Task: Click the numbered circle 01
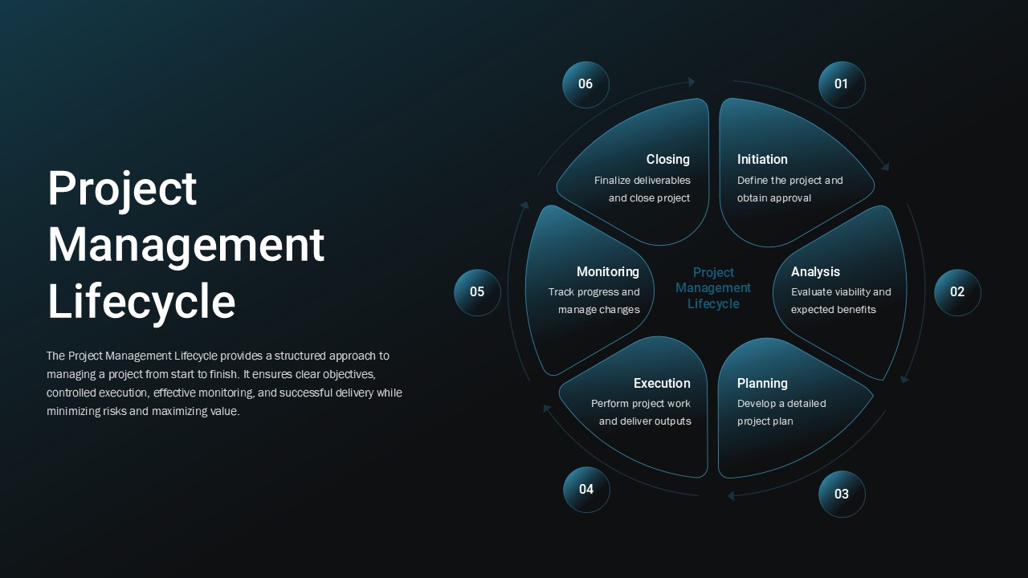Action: pos(842,84)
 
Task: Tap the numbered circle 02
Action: pos(957,292)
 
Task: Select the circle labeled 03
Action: pos(842,494)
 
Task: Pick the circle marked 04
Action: pos(586,490)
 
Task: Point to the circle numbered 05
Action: pos(477,292)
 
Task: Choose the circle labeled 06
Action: pos(585,84)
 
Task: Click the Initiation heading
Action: pos(762,160)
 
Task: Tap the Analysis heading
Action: pos(815,272)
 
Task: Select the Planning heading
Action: pos(762,384)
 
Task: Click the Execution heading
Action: pos(662,384)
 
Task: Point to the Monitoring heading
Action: pos(608,272)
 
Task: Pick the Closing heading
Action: pos(668,160)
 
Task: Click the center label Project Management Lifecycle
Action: pos(713,288)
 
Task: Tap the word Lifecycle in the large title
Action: pos(141,302)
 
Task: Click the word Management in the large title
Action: pos(186,245)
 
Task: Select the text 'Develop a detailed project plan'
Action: pos(781,413)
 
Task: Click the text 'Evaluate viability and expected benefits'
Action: pos(840,301)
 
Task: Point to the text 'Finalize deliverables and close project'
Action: pos(642,189)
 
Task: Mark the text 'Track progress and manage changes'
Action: pos(595,301)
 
